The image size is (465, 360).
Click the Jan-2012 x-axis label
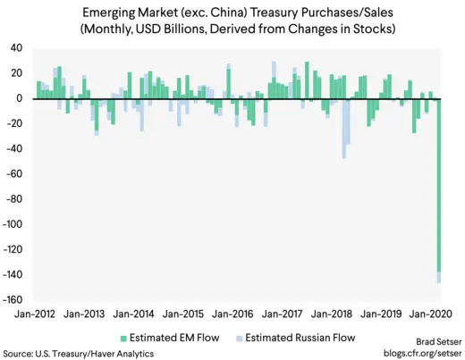(x=32, y=314)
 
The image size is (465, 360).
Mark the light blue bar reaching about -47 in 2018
(x=344, y=134)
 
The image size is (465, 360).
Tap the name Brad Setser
(x=435, y=340)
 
